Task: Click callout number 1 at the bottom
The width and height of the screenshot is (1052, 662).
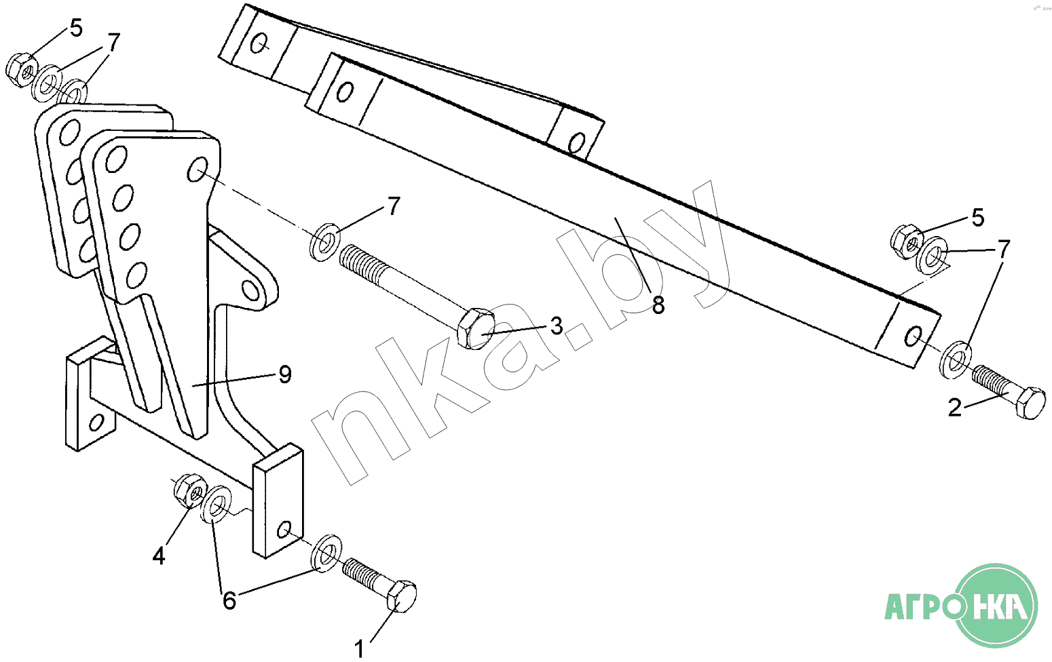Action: [359, 649]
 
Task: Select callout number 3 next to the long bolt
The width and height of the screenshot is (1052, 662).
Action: [557, 326]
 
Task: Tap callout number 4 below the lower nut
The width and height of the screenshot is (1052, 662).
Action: [159, 557]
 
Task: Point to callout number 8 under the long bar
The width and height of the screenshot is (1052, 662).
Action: [658, 305]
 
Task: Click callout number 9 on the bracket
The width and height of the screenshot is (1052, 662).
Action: [285, 374]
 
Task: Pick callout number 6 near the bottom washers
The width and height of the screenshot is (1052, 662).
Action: [229, 600]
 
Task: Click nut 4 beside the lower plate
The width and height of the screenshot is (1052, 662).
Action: [191, 490]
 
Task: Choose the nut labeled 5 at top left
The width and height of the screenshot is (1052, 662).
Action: [22, 71]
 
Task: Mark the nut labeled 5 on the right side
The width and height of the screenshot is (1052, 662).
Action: [907, 242]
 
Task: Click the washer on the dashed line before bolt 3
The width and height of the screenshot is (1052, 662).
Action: [325, 243]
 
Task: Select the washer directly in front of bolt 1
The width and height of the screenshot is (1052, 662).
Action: [326, 553]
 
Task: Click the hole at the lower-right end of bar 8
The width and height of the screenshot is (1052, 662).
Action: [912, 336]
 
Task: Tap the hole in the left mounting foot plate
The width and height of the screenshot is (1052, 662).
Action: [96, 422]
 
